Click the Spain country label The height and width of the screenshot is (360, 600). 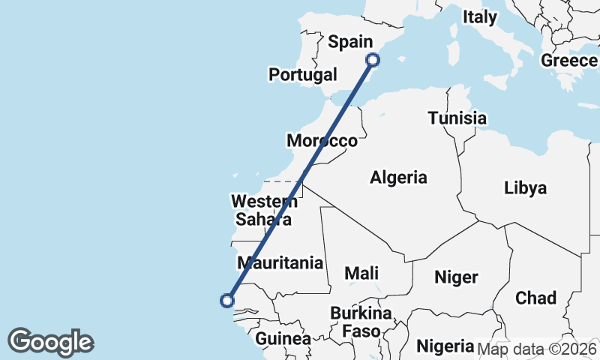click(x=350, y=42)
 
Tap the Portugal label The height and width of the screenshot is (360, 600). click(x=303, y=75)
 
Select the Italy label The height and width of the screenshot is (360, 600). click(x=480, y=17)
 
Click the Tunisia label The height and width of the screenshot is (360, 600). click(x=457, y=118)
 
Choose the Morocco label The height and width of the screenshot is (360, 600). click(x=322, y=141)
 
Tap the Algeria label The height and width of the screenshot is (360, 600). click(x=398, y=178)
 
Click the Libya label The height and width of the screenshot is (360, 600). click(x=525, y=187)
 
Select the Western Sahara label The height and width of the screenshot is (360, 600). click(x=264, y=210)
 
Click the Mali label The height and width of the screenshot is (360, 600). click(x=361, y=274)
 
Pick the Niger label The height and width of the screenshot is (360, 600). click(x=456, y=277)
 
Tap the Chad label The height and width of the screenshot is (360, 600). click(x=535, y=298)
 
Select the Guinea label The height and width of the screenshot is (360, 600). click(x=283, y=339)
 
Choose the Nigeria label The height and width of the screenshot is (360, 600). click(x=445, y=346)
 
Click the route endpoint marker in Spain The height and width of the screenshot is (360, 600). click(x=373, y=60)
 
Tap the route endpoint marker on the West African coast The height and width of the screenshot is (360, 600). click(x=226, y=301)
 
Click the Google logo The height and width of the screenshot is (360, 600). click(x=50, y=341)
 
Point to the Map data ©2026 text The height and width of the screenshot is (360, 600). click(x=536, y=348)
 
